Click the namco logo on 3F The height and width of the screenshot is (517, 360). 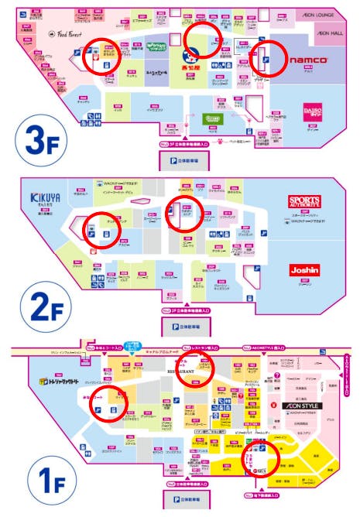click(x=309, y=60)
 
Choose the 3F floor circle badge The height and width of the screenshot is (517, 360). click(x=36, y=143)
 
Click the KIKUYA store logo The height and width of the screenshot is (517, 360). click(x=46, y=198)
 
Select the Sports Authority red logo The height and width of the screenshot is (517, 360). click(x=303, y=202)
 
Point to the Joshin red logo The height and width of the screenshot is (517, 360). click(x=303, y=270)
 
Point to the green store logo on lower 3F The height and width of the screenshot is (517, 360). click(x=213, y=118)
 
